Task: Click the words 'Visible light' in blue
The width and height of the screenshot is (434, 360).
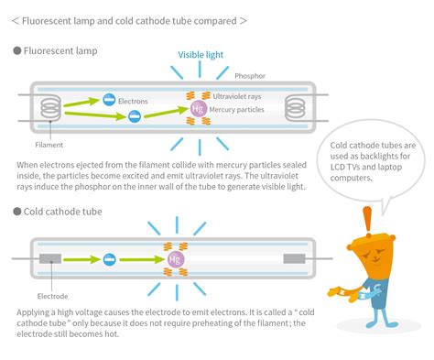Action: (x=201, y=55)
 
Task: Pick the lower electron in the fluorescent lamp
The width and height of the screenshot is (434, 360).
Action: (x=134, y=116)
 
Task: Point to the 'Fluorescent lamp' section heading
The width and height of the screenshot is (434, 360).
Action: (x=59, y=51)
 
